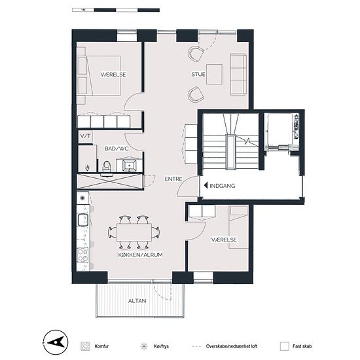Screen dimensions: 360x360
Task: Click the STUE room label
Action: pyautogui.click(x=198, y=74)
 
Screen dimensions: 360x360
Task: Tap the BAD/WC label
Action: pyautogui.click(x=117, y=149)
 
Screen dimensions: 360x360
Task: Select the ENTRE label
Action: pyautogui.click(x=173, y=179)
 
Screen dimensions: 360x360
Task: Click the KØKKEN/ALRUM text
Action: pyautogui.click(x=141, y=255)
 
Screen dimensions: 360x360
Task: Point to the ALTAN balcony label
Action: pyautogui.click(x=137, y=301)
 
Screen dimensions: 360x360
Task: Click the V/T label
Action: pyautogui.click(x=85, y=136)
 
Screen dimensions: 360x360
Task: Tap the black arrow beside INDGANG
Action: pyautogui.click(x=206, y=185)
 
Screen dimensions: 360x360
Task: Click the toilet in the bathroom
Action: pyautogui.click(x=107, y=167)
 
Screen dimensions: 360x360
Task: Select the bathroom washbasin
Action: pyautogui.click(x=129, y=166)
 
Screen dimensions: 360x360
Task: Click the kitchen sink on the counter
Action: pyautogui.click(x=83, y=220)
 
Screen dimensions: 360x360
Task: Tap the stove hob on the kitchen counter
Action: pyautogui.click(x=82, y=255)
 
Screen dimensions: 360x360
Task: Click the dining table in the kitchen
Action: pyautogui.click(x=134, y=232)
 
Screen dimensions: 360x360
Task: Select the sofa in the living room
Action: pyautogui.click(x=238, y=74)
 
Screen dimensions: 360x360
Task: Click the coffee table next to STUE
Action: pyautogui.click(x=214, y=74)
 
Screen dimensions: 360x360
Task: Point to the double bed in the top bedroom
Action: pyautogui.click(x=99, y=75)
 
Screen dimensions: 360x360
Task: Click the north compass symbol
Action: pyautogui.click(x=56, y=342)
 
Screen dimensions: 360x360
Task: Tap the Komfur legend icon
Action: pyautogui.click(x=85, y=346)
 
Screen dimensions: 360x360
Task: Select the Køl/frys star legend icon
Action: pyautogui.click(x=144, y=346)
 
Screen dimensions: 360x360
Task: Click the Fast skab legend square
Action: pyautogui.click(x=285, y=346)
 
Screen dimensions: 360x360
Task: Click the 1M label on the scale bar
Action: pyautogui.click(x=83, y=10)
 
